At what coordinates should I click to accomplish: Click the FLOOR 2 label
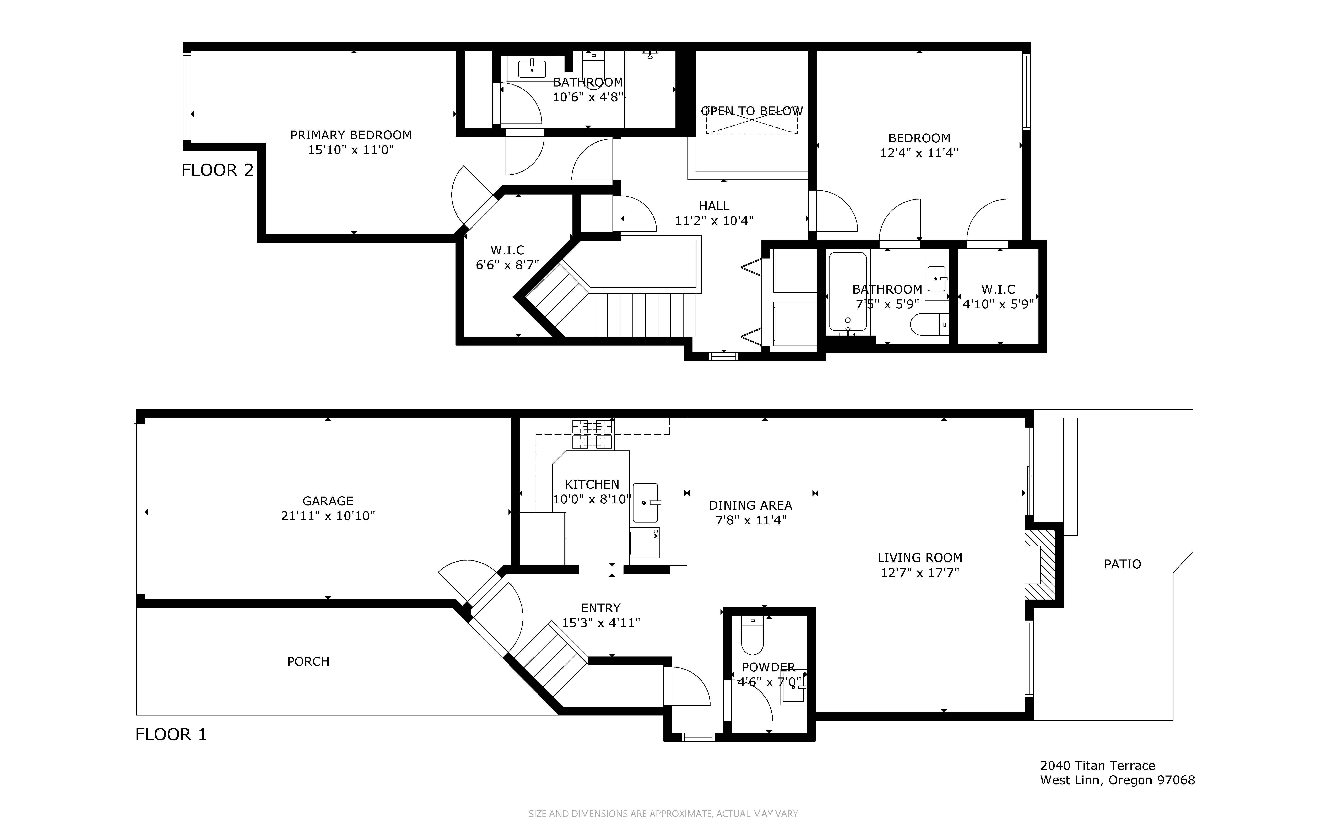[x=218, y=170]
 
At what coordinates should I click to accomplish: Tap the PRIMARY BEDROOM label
[x=351, y=135]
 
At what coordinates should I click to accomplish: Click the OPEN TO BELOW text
[x=752, y=111]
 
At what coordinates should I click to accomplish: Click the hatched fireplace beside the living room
[x=1040, y=565]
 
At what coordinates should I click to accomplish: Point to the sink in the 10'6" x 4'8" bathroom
[x=532, y=70]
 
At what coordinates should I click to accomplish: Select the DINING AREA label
[x=750, y=505]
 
